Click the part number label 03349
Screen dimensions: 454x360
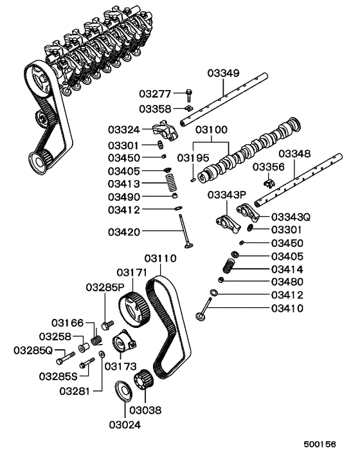click(224, 73)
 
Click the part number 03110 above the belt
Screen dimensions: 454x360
click(156, 258)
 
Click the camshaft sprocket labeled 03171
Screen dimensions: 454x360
click(134, 308)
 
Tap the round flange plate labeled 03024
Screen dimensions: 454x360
click(120, 392)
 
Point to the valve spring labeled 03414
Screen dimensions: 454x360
click(233, 266)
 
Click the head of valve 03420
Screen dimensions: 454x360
click(189, 245)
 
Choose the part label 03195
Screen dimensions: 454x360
click(194, 158)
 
